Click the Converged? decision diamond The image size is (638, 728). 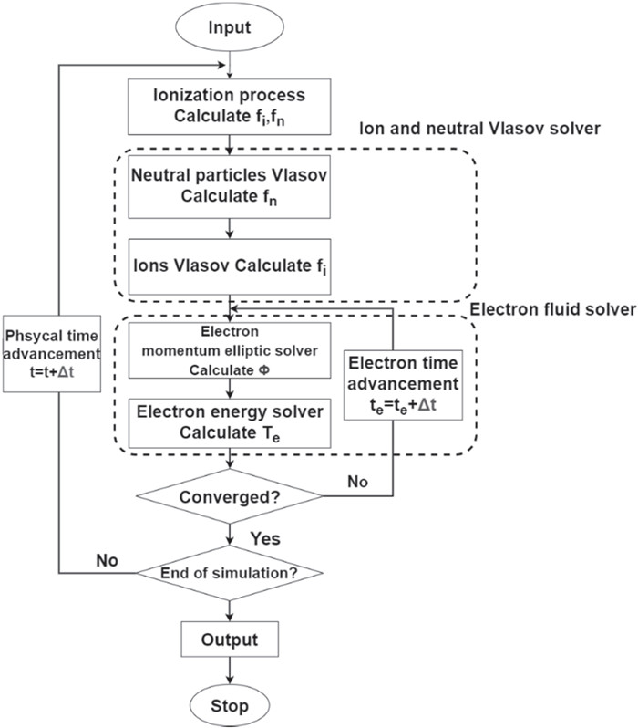pyautogui.click(x=230, y=498)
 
